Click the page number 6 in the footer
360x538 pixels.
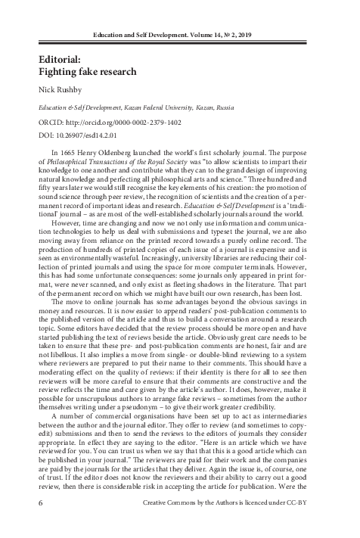click(39, 523)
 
